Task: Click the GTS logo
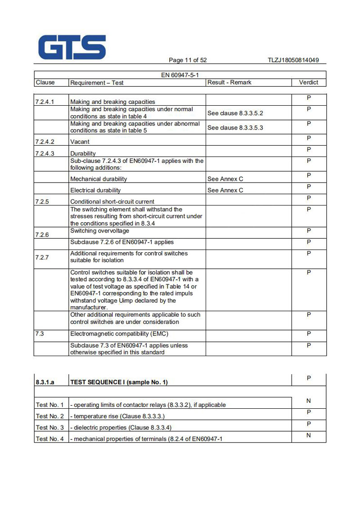click(72, 47)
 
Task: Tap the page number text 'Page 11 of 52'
click(188, 60)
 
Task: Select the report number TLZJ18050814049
click(293, 60)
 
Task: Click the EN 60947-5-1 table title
click(180, 75)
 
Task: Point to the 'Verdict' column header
click(308, 82)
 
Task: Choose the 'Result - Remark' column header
click(229, 82)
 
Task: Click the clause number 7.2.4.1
click(45, 102)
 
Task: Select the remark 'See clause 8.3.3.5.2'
click(235, 113)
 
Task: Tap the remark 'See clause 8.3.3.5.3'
click(235, 128)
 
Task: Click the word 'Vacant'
click(80, 142)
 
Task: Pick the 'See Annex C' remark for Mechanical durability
click(225, 179)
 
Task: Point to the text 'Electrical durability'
click(95, 190)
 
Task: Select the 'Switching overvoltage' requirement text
click(99, 231)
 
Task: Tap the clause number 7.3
click(40, 334)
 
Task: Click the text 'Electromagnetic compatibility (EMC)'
click(119, 334)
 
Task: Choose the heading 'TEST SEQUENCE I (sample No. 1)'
click(119, 382)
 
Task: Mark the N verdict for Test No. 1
click(309, 401)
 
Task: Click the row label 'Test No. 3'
click(49, 427)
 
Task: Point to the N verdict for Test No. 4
click(309, 435)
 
